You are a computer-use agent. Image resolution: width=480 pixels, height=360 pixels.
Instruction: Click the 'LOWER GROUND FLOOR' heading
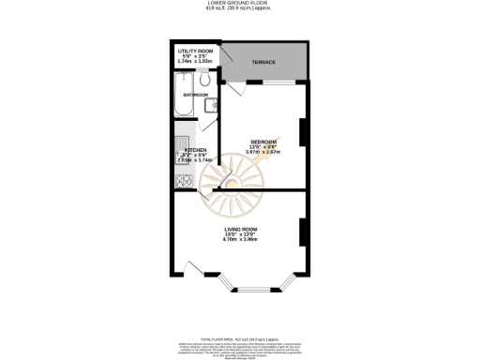pyautogui.click(x=239, y=4)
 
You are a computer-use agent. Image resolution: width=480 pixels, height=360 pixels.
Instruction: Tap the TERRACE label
pyautogui.click(x=263, y=63)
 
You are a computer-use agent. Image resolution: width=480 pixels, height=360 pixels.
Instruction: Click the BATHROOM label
pyautogui.click(x=195, y=95)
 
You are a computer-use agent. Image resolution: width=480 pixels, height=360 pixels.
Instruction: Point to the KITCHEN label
pyautogui.click(x=195, y=150)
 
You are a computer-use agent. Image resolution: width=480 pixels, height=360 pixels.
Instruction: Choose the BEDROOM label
pyautogui.click(x=263, y=142)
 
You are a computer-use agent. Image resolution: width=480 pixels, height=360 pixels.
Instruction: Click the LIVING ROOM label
pyautogui.click(x=241, y=229)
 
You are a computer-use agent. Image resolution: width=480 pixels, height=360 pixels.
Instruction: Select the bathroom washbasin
pyautogui.click(x=212, y=105)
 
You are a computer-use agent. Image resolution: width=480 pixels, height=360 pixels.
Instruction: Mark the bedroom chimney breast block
pyautogui.click(x=303, y=132)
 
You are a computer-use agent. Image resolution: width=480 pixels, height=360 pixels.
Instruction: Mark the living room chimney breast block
pyautogui.click(x=303, y=232)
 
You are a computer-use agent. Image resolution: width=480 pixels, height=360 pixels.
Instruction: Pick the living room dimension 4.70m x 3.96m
pyautogui.click(x=241, y=240)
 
